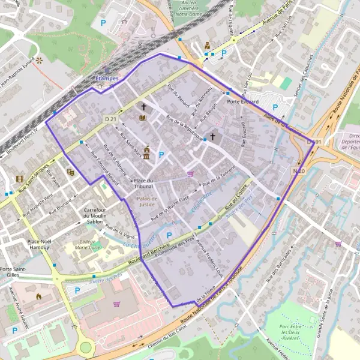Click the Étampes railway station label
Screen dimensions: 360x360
point(107,79)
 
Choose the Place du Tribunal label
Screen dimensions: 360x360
point(143,184)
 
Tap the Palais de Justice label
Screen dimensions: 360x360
point(146,201)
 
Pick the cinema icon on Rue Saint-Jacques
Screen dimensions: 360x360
point(20,179)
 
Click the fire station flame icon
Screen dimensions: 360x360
point(40,296)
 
